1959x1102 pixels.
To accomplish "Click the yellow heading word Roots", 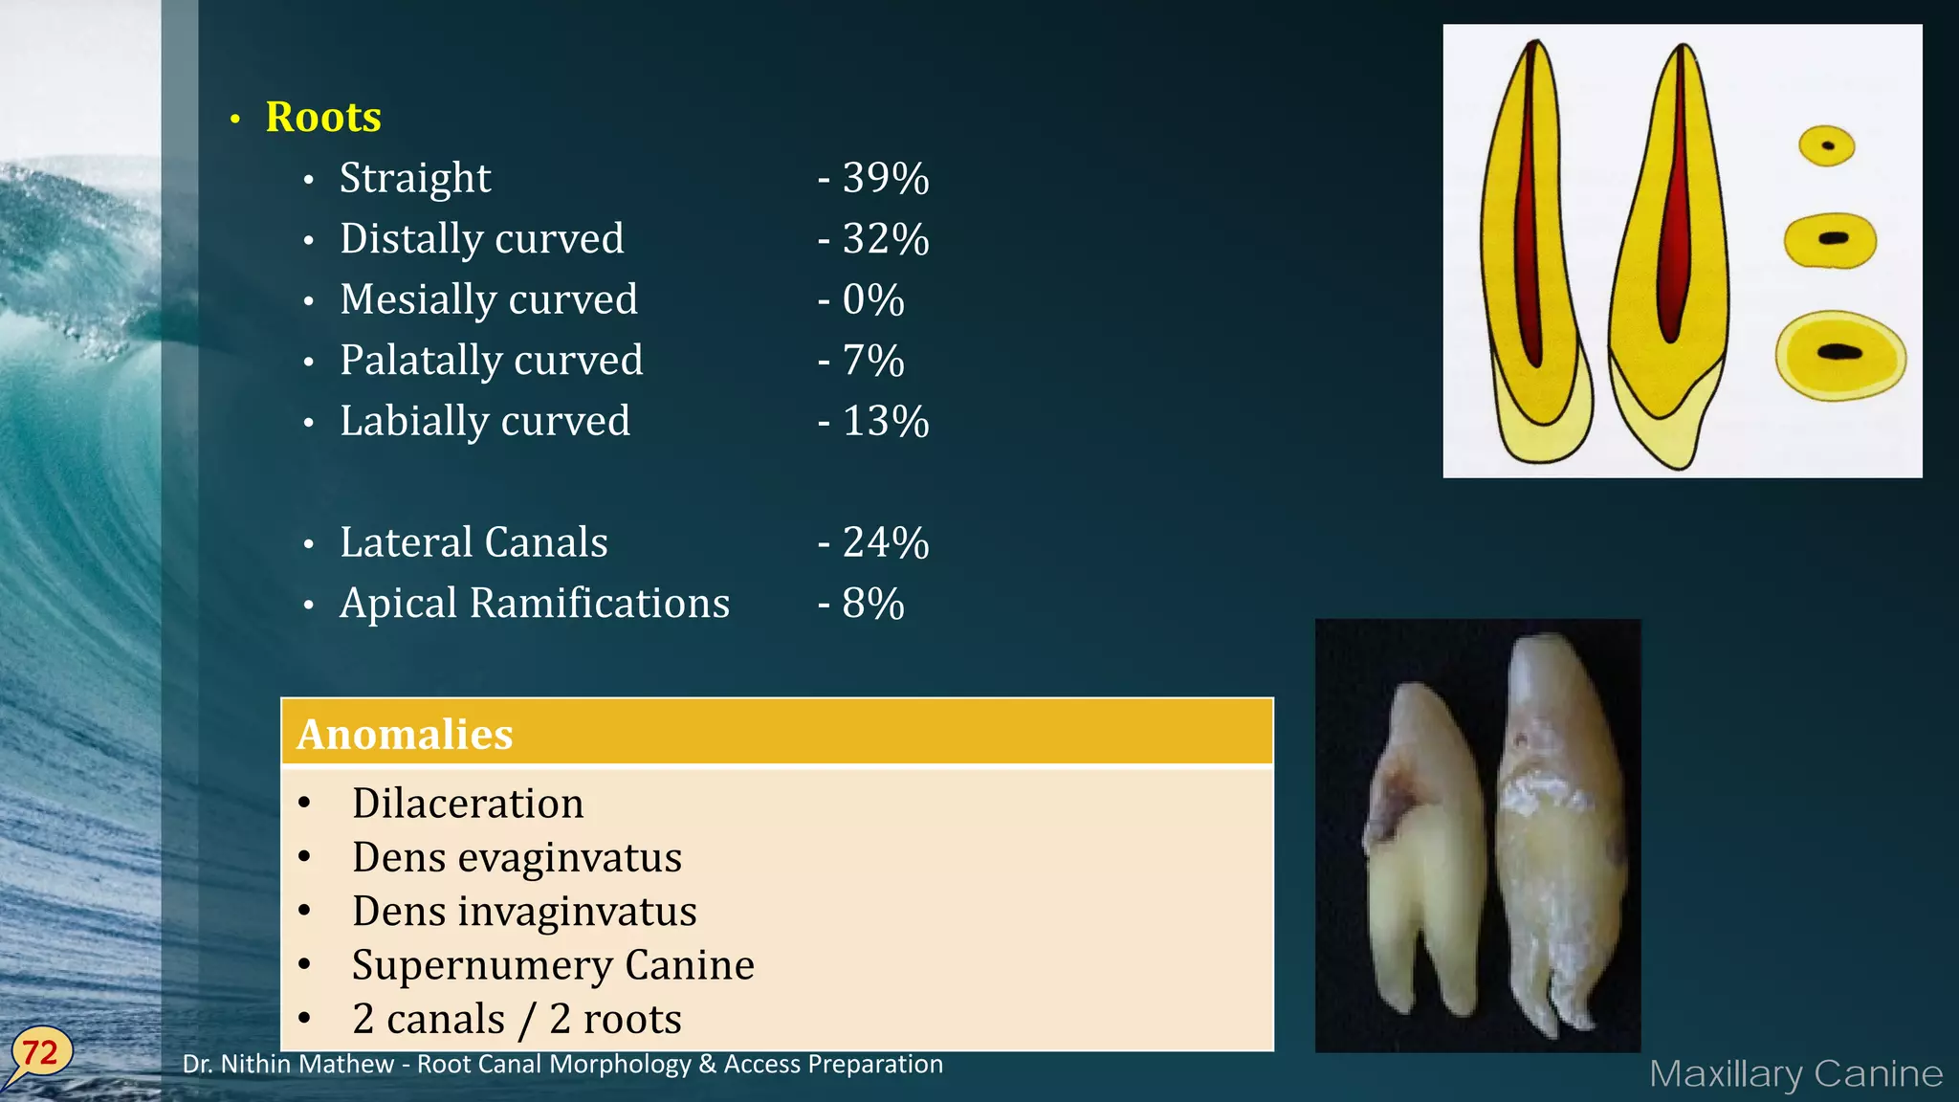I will [x=323, y=118].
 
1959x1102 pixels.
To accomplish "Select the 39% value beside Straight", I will [x=885, y=179].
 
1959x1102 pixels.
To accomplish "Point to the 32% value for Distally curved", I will [x=885, y=239].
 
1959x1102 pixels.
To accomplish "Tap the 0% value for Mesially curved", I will [x=872, y=300].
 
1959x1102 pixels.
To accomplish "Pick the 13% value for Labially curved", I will [x=885, y=422].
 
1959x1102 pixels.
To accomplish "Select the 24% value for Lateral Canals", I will [x=885, y=543].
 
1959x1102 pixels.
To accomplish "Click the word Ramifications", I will [x=600, y=604].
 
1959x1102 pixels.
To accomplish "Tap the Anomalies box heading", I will [x=405, y=735].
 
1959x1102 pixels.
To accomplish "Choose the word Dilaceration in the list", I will [x=468, y=804].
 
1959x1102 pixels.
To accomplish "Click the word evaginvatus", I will [x=570, y=858].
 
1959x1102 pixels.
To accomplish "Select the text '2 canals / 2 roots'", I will [x=517, y=1020].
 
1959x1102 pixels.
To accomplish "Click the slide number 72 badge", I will [x=40, y=1053].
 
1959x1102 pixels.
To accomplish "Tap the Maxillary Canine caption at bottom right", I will [x=1795, y=1074].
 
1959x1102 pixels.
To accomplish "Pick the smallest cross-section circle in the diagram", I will [x=1827, y=146].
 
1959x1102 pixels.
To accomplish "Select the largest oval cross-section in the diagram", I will [x=1839, y=354].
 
